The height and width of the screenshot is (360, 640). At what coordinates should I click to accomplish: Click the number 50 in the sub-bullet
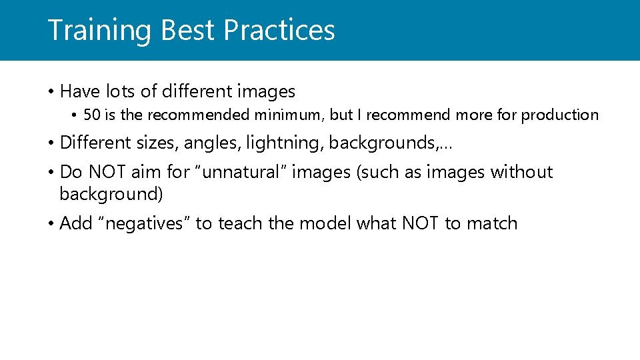(92, 115)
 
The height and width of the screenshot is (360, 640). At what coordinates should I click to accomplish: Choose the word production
(560, 115)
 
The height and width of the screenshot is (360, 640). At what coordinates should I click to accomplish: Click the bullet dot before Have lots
(51, 91)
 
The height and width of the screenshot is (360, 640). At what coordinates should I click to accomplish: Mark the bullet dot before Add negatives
(51, 224)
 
